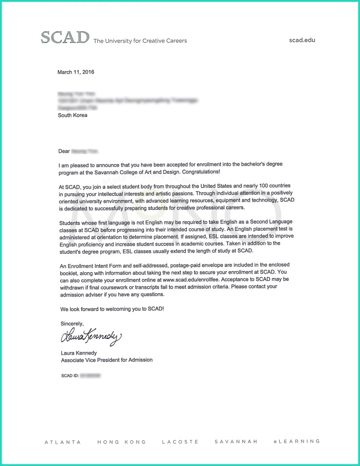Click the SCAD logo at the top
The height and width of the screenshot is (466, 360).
click(x=65, y=37)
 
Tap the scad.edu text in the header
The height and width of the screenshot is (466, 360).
click(x=302, y=40)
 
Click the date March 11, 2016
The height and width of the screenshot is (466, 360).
click(x=76, y=72)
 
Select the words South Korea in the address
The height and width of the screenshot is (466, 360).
click(x=72, y=115)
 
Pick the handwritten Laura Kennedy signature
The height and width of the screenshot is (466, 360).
click(x=90, y=336)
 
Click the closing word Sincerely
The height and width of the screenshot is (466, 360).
click(x=72, y=323)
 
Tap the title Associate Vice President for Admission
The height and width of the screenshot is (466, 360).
click(x=107, y=360)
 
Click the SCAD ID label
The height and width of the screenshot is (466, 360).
click(x=69, y=376)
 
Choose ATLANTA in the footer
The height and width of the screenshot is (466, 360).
click(x=63, y=442)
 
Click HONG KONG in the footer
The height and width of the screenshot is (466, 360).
click(x=122, y=442)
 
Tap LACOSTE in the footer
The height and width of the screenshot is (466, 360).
click(x=180, y=442)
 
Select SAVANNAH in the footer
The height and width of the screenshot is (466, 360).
click(x=235, y=442)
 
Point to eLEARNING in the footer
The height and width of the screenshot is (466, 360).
click(x=297, y=442)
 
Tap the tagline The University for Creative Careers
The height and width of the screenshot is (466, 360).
click(x=140, y=41)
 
